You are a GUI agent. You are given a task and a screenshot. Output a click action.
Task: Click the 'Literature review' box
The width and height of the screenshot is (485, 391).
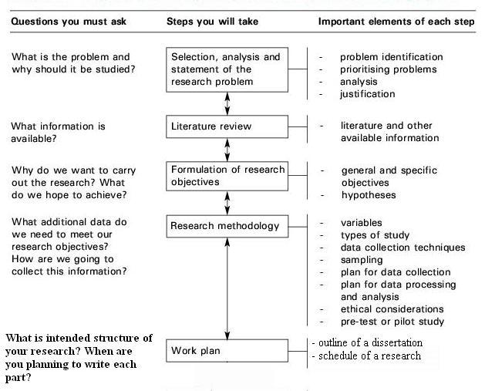pyautogui.click(x=227, y=126)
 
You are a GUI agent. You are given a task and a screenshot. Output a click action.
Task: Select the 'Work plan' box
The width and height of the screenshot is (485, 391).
pyautogui.click(x=227, y=351)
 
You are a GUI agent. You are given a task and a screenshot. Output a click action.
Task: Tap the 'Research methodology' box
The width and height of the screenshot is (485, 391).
pyautogui.click(x=227, y=226)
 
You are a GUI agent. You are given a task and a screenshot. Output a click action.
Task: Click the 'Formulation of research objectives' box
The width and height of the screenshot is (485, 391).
pyautogui.click(x=227, y=176)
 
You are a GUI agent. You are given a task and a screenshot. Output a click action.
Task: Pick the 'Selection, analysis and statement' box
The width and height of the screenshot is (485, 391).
pyautogui.click(x=227, y=69)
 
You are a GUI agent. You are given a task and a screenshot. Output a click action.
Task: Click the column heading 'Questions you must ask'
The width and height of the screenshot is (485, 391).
pyautogui.click(x=69, y=22)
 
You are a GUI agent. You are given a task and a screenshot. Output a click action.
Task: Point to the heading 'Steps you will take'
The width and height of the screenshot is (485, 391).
pyautogui.click(x=213, y=22)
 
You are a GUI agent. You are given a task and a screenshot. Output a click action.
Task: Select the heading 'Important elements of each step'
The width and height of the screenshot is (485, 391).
pyautogui.click(x=396, y=22)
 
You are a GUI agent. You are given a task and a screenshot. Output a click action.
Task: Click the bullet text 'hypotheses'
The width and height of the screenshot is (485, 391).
pyautogui.click(x=369, y=195)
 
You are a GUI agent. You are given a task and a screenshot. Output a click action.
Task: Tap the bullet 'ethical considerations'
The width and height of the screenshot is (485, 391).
pyautogui.click(x=392, y=309)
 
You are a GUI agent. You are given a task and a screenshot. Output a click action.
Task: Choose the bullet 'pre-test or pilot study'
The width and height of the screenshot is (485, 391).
pyautogui.click(x=392, y=322)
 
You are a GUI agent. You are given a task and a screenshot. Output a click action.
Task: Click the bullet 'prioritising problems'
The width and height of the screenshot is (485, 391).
pyautogui.click(x=389, y=69)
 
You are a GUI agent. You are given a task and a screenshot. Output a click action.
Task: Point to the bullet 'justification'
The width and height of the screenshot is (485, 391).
pyautogui.click(x=368, y=94)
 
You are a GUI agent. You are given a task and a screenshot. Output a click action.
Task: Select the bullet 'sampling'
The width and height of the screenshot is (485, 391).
pyautogui.click(x=362, y=260)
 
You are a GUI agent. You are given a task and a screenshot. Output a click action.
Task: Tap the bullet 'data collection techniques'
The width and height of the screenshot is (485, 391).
pyautogui.click(x=403, y=248)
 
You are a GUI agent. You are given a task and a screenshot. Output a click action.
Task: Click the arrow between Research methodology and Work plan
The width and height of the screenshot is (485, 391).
pyautogui.click(x=227, y=288)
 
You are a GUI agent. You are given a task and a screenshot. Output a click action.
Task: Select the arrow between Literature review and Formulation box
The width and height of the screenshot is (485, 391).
pyautogui.click(x=227, y=150)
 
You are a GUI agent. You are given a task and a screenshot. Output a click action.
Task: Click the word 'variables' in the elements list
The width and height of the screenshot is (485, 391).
pyautogui.click(x=362, y=223)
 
